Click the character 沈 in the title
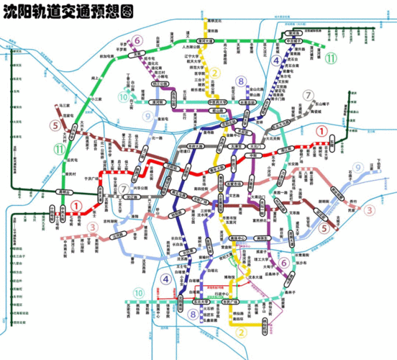pos(10,12)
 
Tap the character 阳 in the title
pos(25,12)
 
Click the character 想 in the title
pos(116,12)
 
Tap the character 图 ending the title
pos(130,12)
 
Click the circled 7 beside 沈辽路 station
pos(124,188)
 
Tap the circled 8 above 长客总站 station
pos(241,81)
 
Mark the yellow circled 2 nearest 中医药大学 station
pos(214,73)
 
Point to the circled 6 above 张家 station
pos(136,40)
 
